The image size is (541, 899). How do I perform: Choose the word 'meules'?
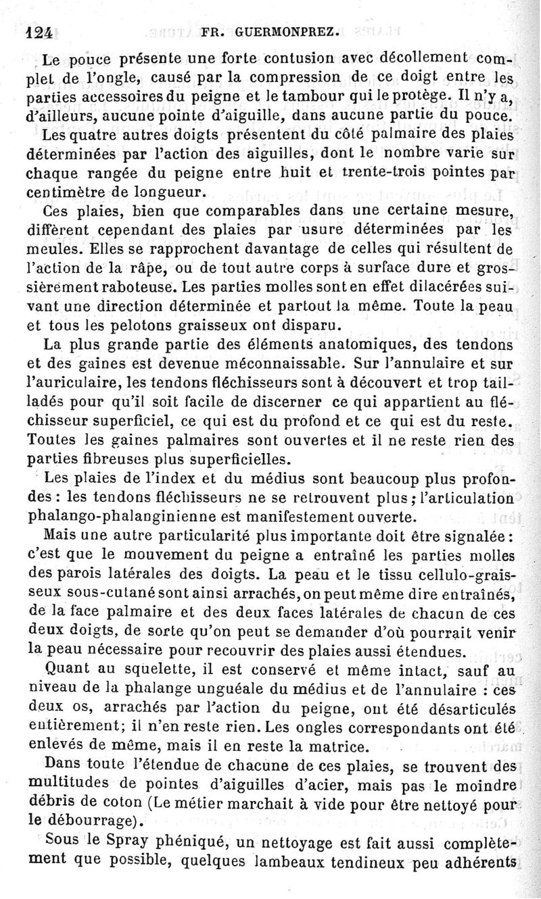click(x=50, y=249)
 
